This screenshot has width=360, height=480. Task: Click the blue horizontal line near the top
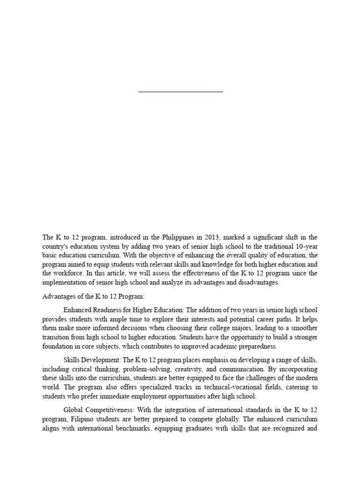click(180, 92)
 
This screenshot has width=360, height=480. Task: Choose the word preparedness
click(256, 346)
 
